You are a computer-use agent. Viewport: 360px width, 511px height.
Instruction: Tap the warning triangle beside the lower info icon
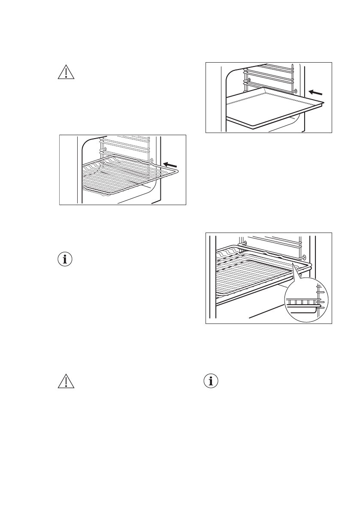pos(66,382)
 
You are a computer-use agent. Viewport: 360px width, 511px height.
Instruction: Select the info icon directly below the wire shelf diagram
pos(66,259)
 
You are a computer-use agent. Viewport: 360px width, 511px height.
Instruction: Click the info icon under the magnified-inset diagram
pos(211,382)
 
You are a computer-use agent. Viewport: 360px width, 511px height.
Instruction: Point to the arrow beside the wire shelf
pos(171,165)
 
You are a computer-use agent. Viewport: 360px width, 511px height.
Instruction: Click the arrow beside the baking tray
pos(315,92)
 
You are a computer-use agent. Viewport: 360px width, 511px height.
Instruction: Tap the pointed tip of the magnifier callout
pos(292,263)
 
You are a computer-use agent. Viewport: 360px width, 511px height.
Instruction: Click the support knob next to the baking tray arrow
pos(296,91)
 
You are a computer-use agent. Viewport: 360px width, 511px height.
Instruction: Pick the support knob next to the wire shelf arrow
pos(151,160)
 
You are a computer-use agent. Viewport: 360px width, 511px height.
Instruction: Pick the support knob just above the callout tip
pos(305,257)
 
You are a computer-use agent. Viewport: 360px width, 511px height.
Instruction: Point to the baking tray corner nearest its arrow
pos(323,103)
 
